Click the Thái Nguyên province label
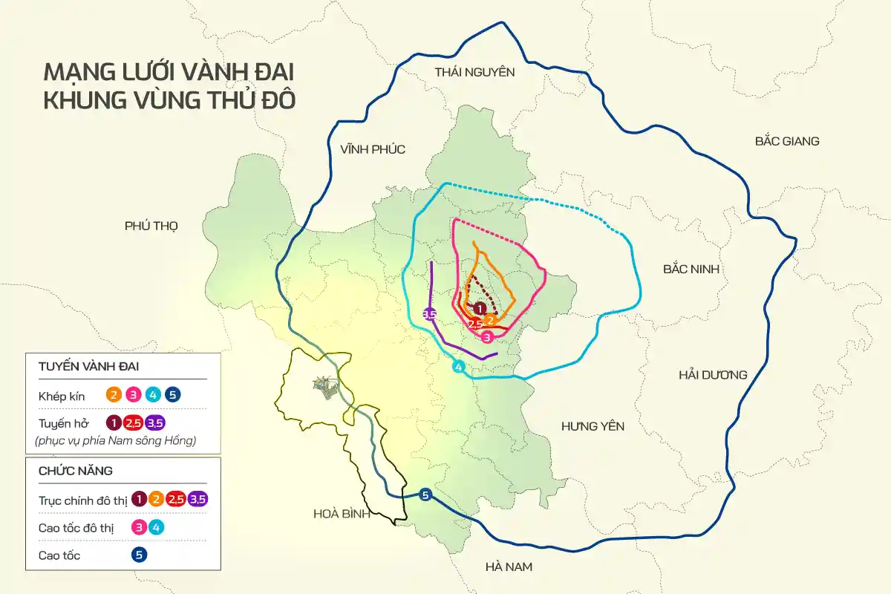coord(474,72)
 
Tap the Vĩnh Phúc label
coord(373,149)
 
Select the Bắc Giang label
coord(786,141)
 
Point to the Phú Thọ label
coord(151,226)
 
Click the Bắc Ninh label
coord(691,269)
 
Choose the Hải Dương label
coord(713,375)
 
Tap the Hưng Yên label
coord(593,426)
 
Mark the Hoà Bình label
coord(342,515)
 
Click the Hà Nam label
coord(509,567)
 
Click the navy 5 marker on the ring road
coord(425,496)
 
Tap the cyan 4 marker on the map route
coord(459,367)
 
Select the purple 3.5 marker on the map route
coord(429,314)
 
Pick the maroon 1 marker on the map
coord(480,308)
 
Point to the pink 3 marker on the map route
coord(487,336)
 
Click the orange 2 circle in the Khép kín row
coord(114,395)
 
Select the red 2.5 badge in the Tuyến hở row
coord(134,423)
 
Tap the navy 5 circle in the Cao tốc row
coord(138,555)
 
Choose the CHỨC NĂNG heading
coord(75,471)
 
